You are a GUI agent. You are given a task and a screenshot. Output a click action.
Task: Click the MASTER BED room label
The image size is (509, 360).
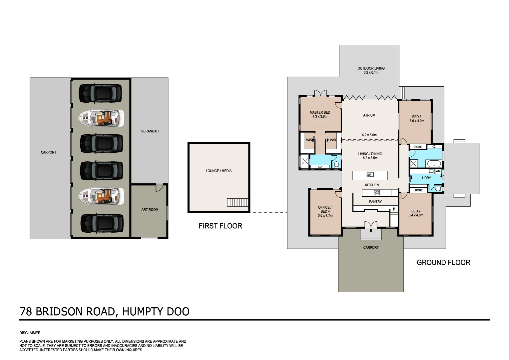point(320,113)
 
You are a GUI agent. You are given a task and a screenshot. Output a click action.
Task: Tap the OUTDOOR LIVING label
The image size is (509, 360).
point(371,68)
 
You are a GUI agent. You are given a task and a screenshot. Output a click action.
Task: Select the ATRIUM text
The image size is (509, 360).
point(369,115)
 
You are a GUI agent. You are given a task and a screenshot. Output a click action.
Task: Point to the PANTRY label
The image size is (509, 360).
point(375,202)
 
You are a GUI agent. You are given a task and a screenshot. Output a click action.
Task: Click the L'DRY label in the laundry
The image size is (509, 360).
point(426,178)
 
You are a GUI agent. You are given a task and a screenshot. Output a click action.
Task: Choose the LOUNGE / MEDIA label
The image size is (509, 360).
point(219,171)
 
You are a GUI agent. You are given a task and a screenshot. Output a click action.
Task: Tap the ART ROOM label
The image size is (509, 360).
point(150,210)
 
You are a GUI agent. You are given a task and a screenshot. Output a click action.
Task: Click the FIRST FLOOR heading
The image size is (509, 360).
point(220,226)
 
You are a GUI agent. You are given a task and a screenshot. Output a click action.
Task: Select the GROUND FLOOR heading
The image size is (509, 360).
point(443,263)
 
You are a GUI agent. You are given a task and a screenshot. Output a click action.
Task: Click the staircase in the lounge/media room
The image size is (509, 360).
point(238,202)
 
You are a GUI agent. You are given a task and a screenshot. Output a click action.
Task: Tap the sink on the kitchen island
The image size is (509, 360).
point(370,175)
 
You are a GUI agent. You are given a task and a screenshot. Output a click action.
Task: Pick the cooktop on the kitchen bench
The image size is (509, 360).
point(377,192)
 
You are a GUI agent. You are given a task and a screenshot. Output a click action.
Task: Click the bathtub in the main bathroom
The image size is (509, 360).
point(434,164)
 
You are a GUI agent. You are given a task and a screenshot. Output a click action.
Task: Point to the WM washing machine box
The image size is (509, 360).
point(438,171)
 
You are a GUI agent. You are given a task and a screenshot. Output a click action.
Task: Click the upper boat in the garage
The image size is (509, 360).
point(101,118)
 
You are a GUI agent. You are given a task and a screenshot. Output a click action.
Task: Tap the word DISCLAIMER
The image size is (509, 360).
point(30,333)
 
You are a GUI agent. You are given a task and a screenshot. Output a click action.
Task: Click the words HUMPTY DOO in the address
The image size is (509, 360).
point(156,311)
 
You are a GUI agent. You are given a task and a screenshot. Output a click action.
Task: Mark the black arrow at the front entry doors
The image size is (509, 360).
point(371,230)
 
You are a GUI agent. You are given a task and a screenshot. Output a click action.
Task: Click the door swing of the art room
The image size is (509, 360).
point(159,188)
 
